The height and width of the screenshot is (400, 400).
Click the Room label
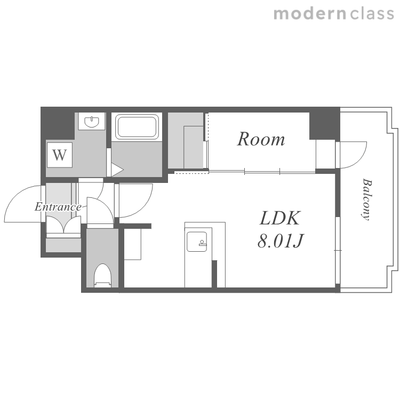(x=261, y=139)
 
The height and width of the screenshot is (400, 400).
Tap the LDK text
(x=280, y=218)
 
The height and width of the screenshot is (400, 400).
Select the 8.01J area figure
(x=280, y=241)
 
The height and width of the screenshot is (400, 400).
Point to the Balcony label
(x=367, y=199)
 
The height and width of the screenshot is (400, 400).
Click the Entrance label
(x=58, y=206)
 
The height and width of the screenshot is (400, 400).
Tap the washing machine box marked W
(x=59, y=155)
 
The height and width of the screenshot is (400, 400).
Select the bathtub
(x=137, y=126)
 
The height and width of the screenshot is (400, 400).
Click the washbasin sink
(x=92, y=122)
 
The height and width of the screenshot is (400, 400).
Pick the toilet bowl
(x=102, y=276)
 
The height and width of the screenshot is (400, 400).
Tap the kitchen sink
(x=196, y=242)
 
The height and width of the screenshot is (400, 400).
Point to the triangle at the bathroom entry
(x=117, y=170)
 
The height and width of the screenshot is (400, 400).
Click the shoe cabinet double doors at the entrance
(x=63, y=225)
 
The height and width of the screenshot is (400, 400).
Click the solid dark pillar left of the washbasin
(x=58, y=123)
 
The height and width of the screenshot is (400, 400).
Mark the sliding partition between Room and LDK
(x=262, y=172)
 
